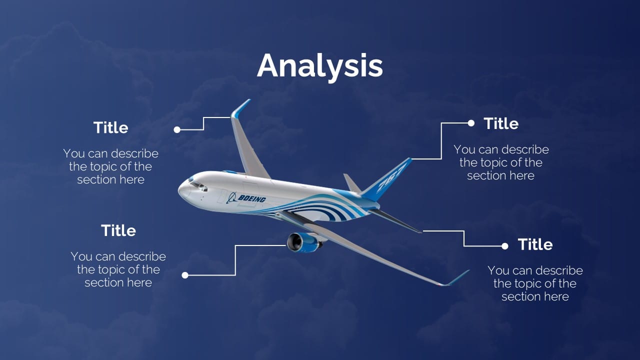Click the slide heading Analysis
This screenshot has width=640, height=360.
click(320, 66)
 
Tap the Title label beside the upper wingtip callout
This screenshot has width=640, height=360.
click(110, 127)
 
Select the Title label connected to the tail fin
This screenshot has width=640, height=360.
click(500, 123)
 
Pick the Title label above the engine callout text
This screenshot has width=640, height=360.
click(118, 230)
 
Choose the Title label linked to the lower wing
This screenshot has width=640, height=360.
click(535, 244)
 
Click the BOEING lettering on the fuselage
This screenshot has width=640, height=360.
click(251, 198)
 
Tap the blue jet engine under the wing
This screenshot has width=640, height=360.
click(302, 242)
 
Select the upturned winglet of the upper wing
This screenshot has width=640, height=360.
click(240, 108)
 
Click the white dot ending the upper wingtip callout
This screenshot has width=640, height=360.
click(177, 129)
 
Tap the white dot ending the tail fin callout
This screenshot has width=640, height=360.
click(470, 123)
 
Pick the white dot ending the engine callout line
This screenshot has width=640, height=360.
click(185, 275)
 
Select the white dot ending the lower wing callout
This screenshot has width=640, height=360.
click(505, 246)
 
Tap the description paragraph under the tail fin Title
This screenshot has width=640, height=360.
click(500, 162)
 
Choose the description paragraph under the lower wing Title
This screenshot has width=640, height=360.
click(535, 283)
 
